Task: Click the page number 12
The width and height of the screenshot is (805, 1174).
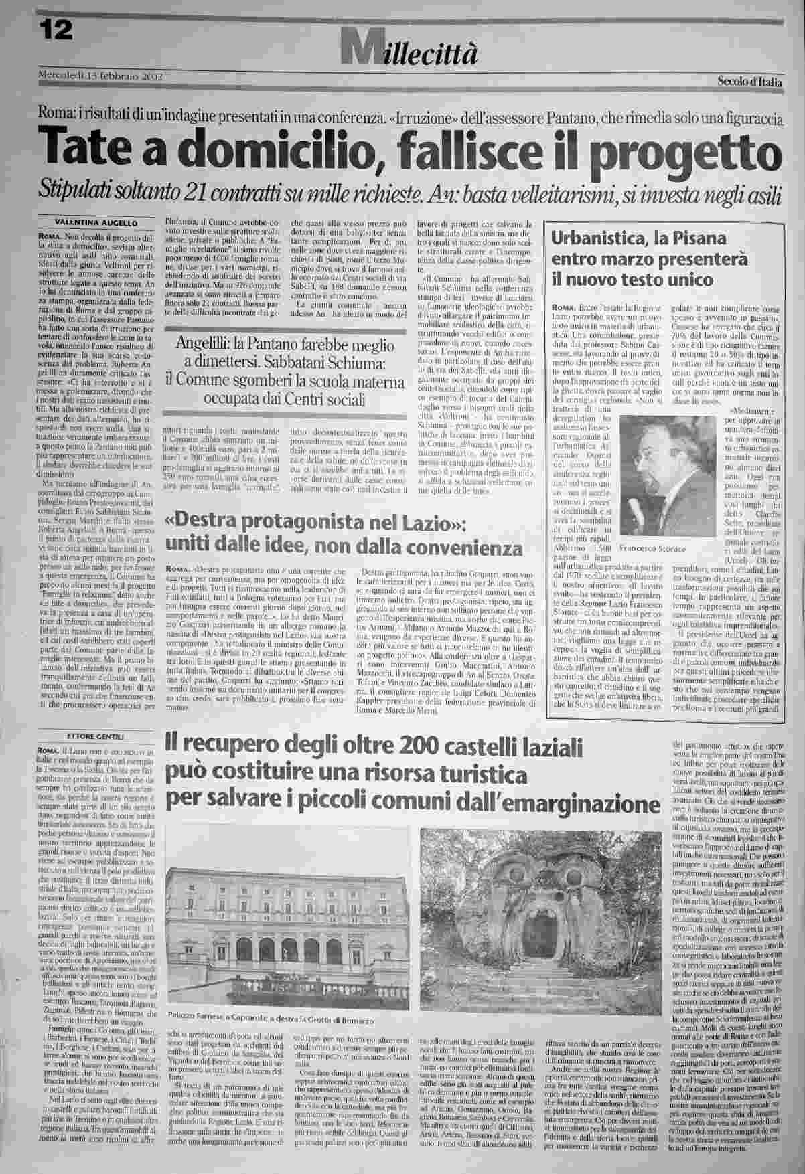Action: click(x=54, y=30)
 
